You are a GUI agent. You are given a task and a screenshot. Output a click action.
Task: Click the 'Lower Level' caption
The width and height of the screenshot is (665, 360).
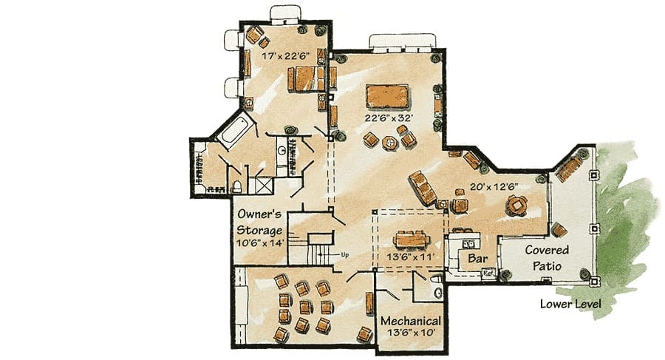point(570,304)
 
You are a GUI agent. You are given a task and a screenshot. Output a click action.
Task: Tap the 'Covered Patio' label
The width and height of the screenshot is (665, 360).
point(547,258)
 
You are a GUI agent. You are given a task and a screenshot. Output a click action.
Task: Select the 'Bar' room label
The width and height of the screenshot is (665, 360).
point(477,258)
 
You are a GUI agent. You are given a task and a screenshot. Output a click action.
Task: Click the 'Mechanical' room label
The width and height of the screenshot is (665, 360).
point(411,321)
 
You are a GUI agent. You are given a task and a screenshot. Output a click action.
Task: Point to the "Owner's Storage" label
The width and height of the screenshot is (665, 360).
point(259,222)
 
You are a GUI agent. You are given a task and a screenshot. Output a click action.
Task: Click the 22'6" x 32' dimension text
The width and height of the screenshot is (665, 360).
point(389,118)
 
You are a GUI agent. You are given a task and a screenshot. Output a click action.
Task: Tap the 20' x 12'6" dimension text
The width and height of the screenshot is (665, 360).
point(494,186)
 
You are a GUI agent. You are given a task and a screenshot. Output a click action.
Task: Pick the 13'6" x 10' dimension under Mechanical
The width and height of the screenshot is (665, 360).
point(411,333)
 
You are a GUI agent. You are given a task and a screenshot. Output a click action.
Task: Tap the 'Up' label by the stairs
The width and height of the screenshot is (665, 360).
point(345,255)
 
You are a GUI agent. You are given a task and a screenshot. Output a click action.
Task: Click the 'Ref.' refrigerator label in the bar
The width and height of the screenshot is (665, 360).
point(488,273)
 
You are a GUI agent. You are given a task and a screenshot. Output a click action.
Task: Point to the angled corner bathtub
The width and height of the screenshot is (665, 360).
point(235,129)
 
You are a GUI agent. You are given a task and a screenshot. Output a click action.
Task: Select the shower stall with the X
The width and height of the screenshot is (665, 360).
point(264,186)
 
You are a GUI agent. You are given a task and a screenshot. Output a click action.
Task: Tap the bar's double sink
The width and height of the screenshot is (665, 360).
point(468,244)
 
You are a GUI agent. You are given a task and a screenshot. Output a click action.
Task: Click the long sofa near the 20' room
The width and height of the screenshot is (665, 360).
point(423,188)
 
